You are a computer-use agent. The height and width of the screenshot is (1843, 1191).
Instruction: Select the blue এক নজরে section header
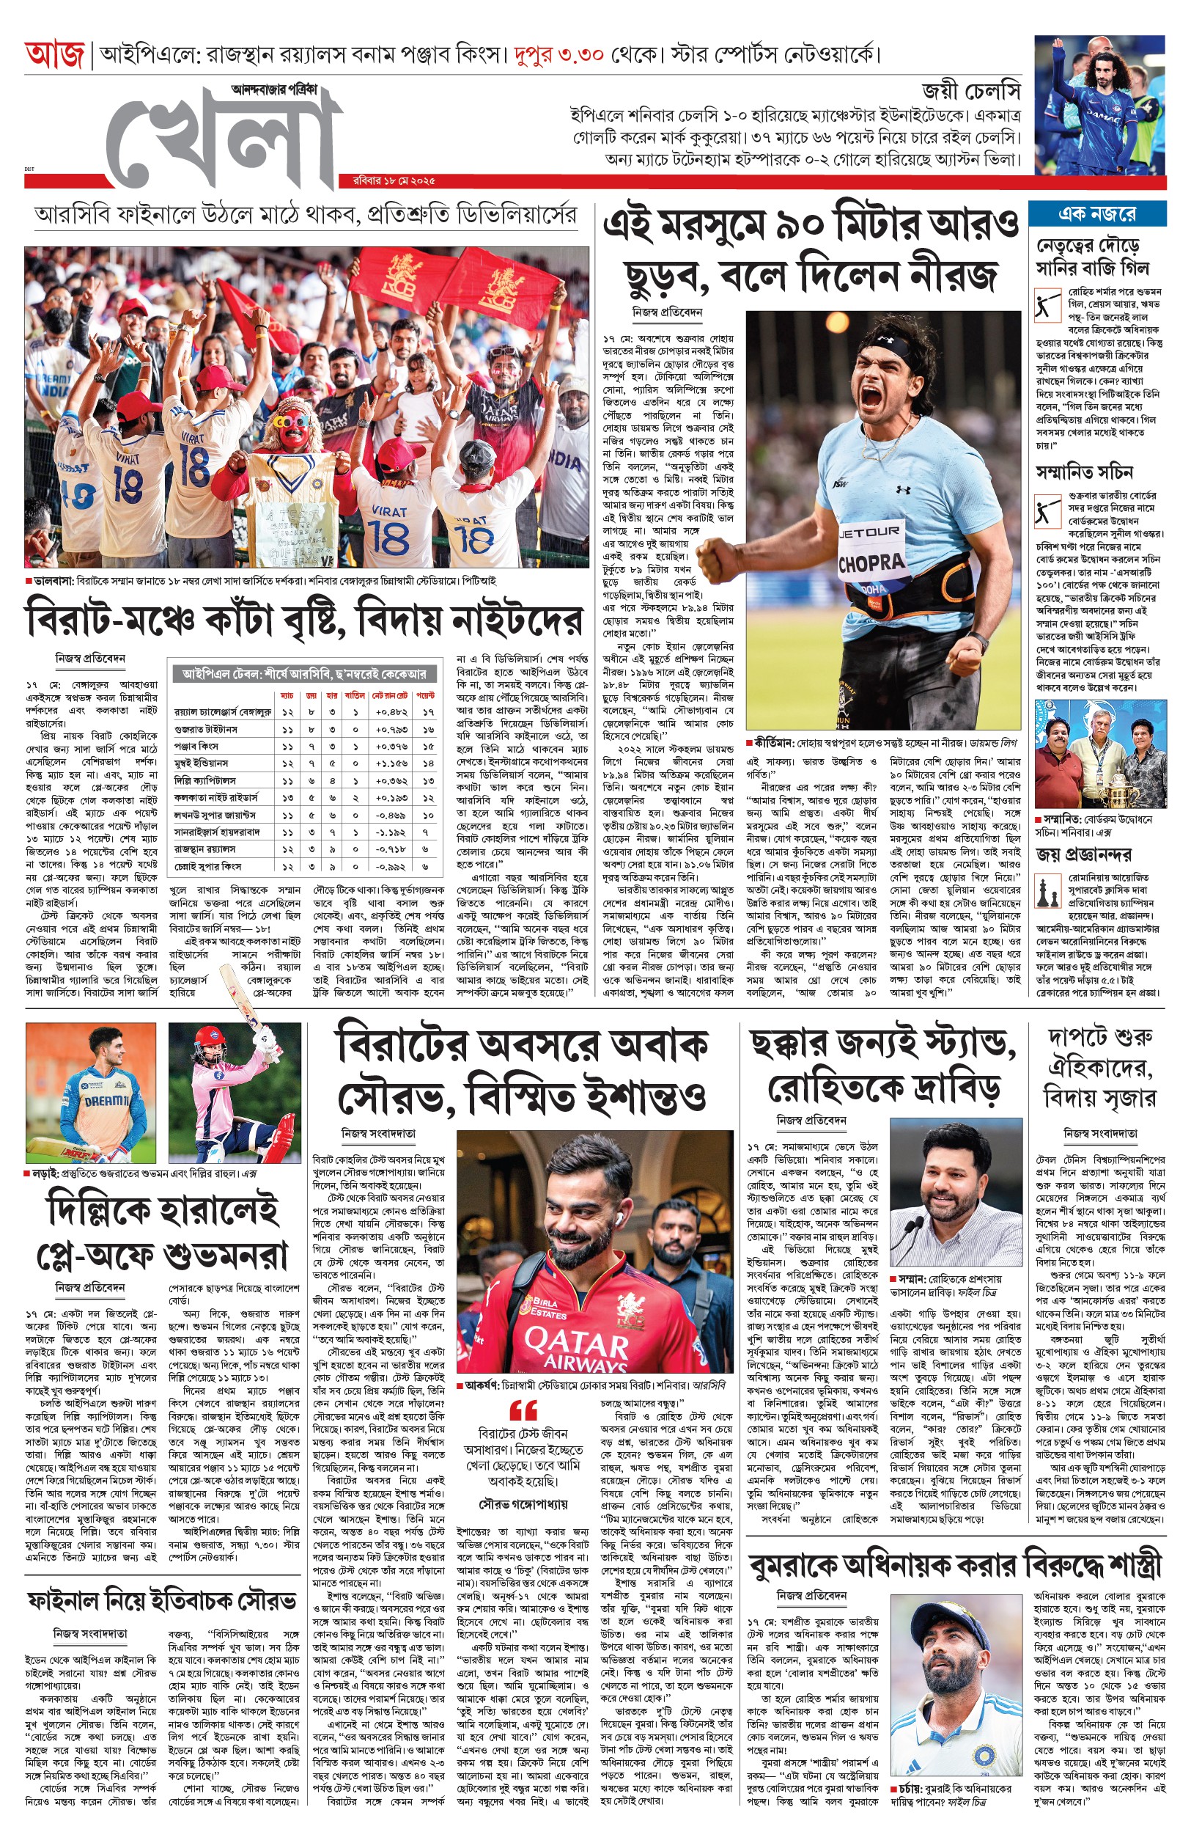point(1096,214)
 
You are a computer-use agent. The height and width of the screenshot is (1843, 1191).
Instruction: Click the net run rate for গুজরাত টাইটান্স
point(391,729)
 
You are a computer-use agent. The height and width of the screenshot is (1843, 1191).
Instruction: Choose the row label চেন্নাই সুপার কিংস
point(208,866)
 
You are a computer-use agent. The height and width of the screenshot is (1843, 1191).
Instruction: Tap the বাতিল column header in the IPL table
point(354,695)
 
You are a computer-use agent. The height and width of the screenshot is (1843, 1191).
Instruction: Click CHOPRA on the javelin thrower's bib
point(870,563)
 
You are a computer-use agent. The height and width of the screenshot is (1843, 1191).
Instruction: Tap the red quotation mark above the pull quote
point(523,1409)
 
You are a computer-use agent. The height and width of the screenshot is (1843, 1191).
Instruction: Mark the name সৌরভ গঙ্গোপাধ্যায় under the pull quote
point(523,1505)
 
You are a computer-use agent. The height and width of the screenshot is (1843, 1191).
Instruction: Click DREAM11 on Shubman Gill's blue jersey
point(106,1101)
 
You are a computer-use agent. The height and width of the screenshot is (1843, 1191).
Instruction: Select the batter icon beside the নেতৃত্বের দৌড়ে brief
point(1046,304)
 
